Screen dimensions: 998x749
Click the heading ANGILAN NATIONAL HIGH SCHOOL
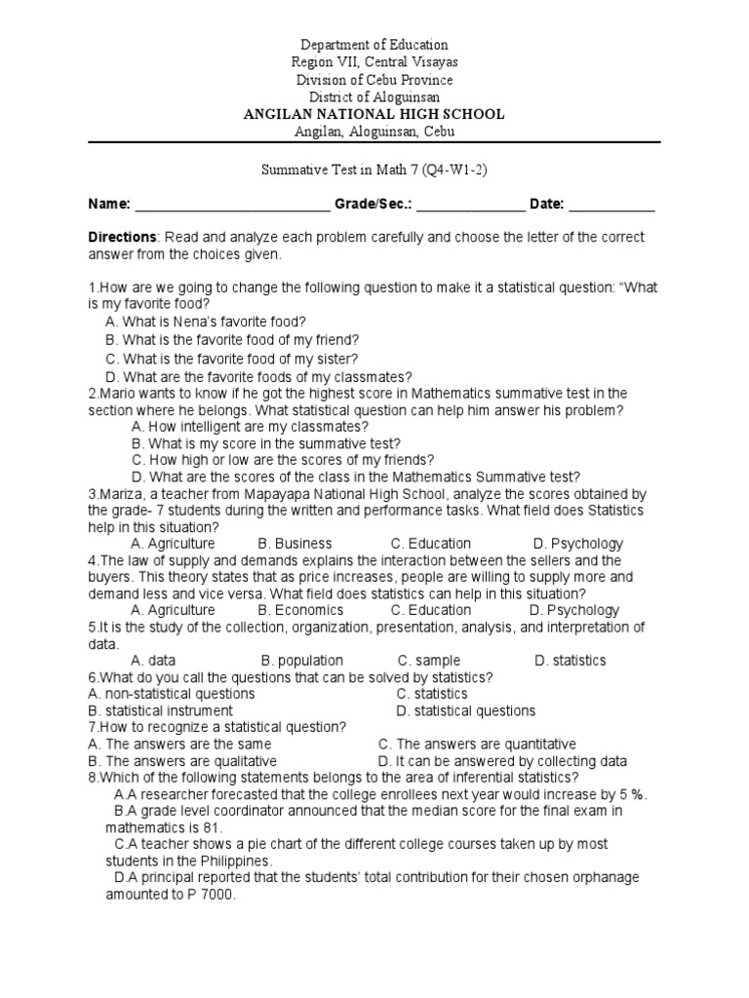374,114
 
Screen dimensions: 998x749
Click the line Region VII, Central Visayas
374,62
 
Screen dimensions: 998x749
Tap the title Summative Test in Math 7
374,170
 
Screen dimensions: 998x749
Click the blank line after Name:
232,205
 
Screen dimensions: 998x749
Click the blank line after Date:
611,205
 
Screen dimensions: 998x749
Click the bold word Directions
122,238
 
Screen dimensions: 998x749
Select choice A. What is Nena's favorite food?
206,322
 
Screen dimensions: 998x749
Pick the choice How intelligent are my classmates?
249,427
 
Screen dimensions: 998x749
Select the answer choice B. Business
295,544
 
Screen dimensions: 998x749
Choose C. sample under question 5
429,660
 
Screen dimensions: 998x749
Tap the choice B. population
302,660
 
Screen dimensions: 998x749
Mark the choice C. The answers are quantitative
477,744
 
